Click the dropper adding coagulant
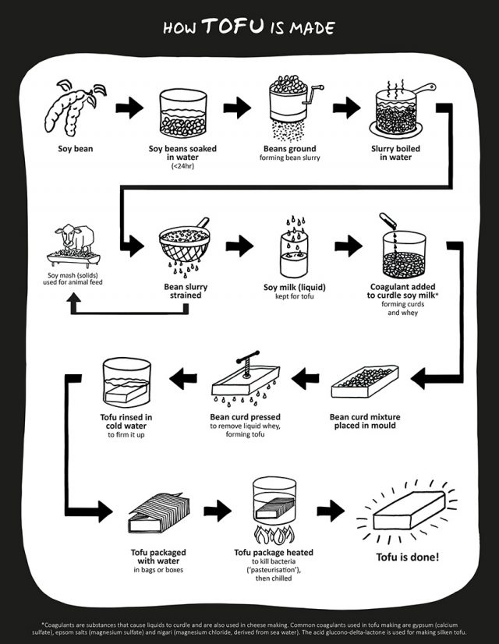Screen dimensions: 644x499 click(389, 221)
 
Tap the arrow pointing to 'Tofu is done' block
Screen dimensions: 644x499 click(331, 511)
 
